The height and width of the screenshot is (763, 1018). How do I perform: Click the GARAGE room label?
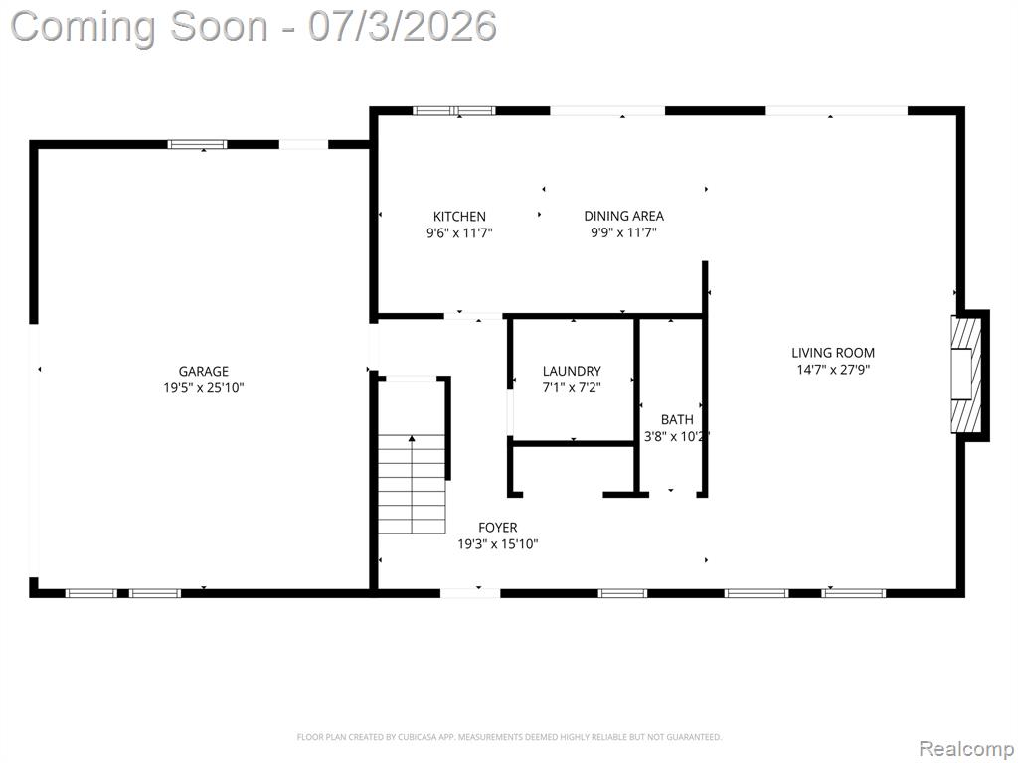point(203,372)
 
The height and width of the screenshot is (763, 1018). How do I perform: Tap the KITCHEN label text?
point(459,217)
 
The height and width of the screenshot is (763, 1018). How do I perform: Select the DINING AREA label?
point(624,216)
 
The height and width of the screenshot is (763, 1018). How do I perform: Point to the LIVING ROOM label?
point(833,353)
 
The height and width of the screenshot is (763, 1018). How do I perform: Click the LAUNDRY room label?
point(572,372)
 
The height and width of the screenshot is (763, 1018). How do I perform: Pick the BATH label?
point(677,420)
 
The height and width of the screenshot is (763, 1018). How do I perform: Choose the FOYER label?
point(498,528)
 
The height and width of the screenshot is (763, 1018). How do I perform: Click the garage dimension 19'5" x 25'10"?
point(203,388)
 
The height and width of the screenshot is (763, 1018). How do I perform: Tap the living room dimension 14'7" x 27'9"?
point(833,370)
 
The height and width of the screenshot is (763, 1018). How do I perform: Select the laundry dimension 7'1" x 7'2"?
point(572,388)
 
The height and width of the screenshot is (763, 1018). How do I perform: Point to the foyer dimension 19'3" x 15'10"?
point(498,545)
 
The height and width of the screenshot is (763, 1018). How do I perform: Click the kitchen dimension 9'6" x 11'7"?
point(459,233)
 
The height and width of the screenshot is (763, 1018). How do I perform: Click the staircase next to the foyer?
point(413,484)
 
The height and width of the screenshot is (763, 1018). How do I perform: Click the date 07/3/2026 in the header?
point(403,27)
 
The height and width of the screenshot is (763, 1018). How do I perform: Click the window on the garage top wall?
point(198,144)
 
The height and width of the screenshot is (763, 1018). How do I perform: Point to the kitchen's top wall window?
point(454,111)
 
